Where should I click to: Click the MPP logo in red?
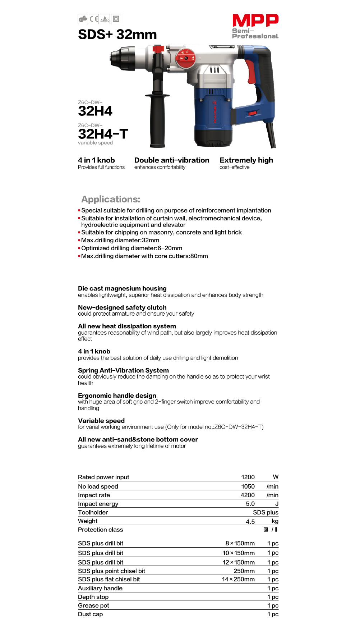click(255, 20)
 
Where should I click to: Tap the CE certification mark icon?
click(94, 19)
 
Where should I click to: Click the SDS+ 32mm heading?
click(117, 35)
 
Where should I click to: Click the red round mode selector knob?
click(185, 58)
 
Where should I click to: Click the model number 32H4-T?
click(103, 134)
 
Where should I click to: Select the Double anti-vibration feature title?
click(172, 160)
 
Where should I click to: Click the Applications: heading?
click(111, 199)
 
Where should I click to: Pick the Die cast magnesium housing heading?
click(122, 288)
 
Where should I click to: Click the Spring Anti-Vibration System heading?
click(123, 370)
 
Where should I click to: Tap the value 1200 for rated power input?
click(248, 477)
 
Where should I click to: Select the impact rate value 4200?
click(248, 495)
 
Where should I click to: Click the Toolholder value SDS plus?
click(266, 512)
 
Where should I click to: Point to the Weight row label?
click(88, 521)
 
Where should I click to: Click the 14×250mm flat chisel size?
click(238, 579)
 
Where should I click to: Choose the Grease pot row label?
click(93, 605)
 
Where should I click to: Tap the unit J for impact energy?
click(277, 504)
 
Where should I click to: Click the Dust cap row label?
click(90, 614)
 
